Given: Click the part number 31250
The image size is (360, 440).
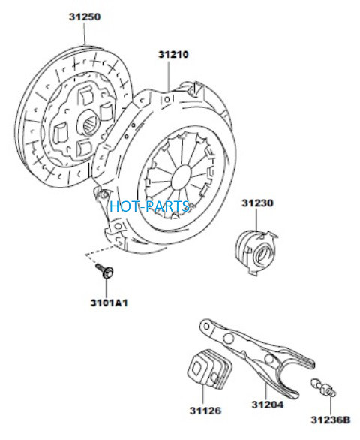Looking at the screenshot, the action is click(85, 17).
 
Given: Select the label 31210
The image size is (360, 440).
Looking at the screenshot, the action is click(173, 54).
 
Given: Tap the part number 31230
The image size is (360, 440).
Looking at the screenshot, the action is click(257, 203).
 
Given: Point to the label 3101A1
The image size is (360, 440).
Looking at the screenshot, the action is click(109, 303).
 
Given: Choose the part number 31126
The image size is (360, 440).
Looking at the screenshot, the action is click(205, 411).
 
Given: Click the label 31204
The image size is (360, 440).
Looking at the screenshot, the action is click(268, 405).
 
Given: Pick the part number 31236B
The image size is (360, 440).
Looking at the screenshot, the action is click(331, 420).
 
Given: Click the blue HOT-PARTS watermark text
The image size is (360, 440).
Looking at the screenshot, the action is click(150, 206).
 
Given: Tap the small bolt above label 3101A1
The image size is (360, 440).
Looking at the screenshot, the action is click(105, 271).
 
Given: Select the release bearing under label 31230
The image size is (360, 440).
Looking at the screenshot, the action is click(256, 252).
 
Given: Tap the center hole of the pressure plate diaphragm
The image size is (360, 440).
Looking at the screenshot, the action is click(181, 177).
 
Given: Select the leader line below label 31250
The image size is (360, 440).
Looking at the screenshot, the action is click(85, 33).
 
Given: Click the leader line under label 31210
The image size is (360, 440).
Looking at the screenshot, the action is click(169, 75).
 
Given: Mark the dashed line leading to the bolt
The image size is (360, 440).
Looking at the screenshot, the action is click(98, 253).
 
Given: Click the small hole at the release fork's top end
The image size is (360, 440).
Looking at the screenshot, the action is click(207, 327).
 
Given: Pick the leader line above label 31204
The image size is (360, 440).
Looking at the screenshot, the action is click(265, 386).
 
